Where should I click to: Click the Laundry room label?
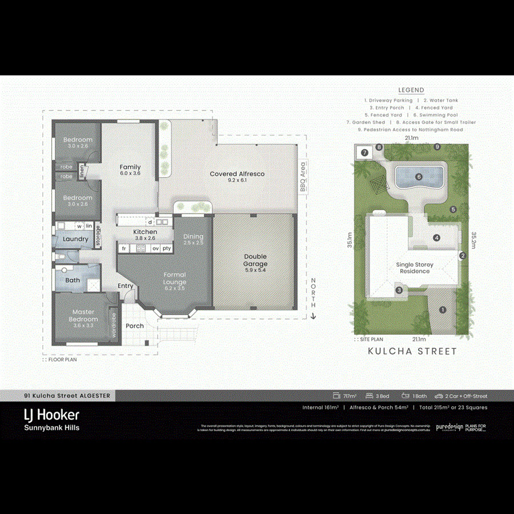pyautogui.click(x=75, y=239)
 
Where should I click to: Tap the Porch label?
pyautogui.click(x=135, y=326)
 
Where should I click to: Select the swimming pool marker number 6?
pyautogui.click(x=419, y=177)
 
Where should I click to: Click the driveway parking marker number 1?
pyautogui.click(x=442, y=310)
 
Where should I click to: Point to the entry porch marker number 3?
pyautogui.click(x=399, y=290)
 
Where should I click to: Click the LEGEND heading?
pyautogui.click(x=411, y=90)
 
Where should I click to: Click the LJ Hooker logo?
pyautogui.click(x=51, y=415)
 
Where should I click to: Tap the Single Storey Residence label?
pyautogui.click(x=415, y=268)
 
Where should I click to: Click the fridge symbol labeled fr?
pyautogui.click(x=124, y=248)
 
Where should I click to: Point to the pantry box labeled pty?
pyautogui.click(x=167, y=248)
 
